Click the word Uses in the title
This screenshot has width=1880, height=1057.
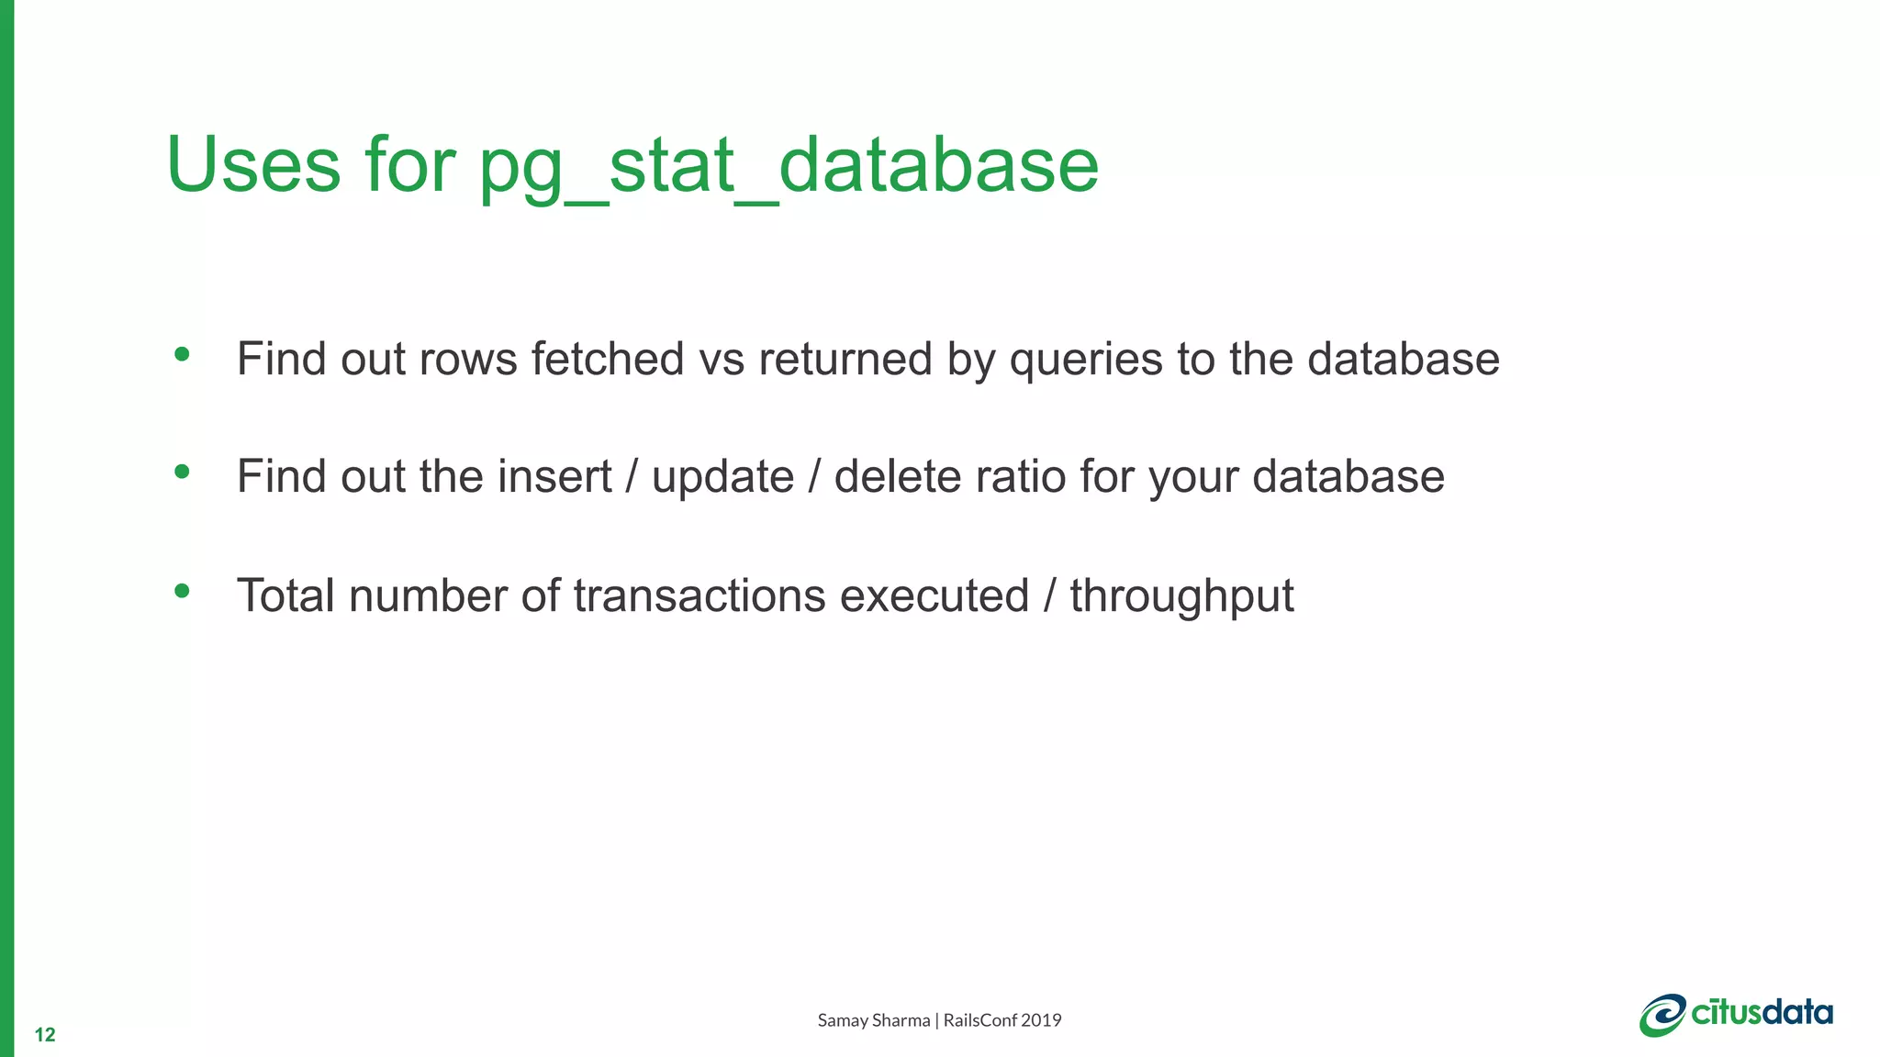coord(253,165)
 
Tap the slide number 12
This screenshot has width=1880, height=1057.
coord(45,1035)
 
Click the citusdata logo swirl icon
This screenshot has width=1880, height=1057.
coord(1662,1015)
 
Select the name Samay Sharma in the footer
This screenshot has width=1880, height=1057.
coord(873,1020)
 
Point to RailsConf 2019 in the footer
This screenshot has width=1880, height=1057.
coord(1002,1020)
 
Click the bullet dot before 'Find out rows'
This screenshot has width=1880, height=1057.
coord(182,354)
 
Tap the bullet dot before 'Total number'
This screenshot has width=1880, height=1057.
coord(182,591)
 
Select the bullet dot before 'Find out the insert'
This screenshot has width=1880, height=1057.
coord(182,473)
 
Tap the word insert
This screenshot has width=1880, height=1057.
coord(554,477)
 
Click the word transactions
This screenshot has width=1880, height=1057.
coord(699,595)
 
